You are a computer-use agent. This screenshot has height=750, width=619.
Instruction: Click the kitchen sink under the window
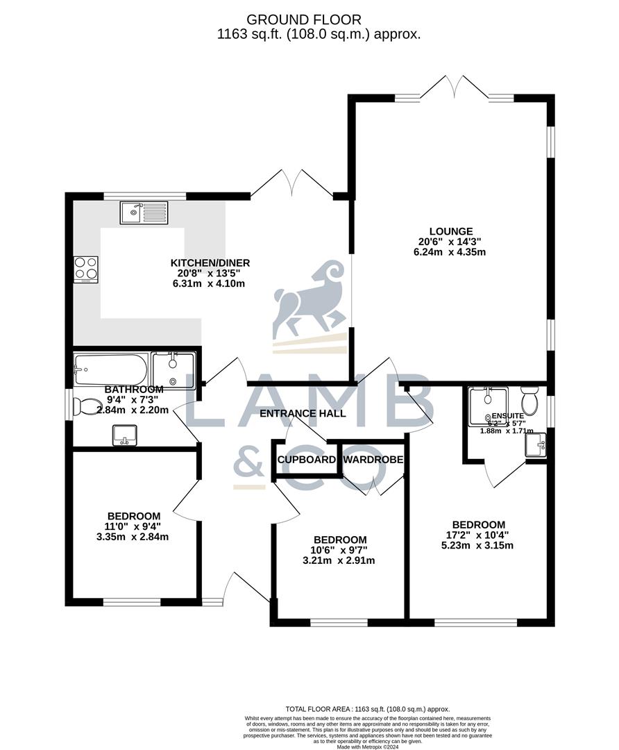click(x=144, y=212)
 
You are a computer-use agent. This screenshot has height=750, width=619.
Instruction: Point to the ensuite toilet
click(x=530, y=400)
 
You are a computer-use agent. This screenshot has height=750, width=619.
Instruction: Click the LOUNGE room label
click(x=450, y=231)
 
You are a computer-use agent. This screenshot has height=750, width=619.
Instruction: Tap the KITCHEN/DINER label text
click(x=210, y=262)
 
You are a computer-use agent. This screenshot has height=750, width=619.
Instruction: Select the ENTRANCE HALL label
click(x=303, y=413)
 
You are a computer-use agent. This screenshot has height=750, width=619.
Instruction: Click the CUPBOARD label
click(x=307, y=460)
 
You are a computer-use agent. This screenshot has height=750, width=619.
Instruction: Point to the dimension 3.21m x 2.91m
click(x=339, y=560)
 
